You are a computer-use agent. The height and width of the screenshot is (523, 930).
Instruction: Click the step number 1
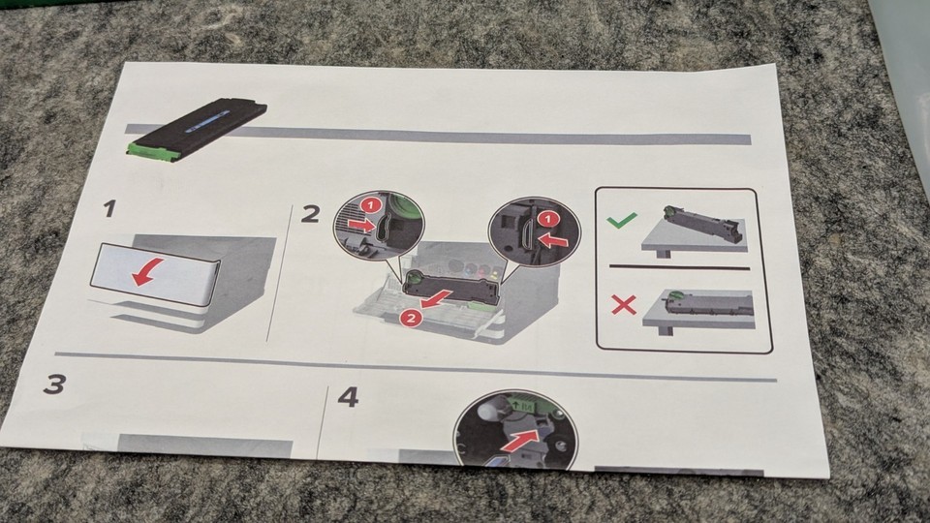109,209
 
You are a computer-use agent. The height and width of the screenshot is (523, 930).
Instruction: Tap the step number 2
310,215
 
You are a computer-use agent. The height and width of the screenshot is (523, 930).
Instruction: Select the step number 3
54,385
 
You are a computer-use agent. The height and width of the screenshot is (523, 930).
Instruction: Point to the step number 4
348,397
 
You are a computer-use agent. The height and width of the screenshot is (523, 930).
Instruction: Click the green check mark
622,220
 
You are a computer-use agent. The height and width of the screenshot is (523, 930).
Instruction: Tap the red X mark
624,305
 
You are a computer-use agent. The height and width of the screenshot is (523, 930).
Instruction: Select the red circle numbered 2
410,319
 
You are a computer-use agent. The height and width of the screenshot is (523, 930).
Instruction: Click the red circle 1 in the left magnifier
371,205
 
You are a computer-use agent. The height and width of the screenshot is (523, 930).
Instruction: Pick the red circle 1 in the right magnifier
548,220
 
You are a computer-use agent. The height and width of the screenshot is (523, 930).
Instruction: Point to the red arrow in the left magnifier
361,225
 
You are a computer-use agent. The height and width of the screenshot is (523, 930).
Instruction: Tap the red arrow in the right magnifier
553,240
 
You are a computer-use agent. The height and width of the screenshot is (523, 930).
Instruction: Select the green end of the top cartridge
152,151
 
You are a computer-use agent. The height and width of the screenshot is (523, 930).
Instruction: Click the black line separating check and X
680,267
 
